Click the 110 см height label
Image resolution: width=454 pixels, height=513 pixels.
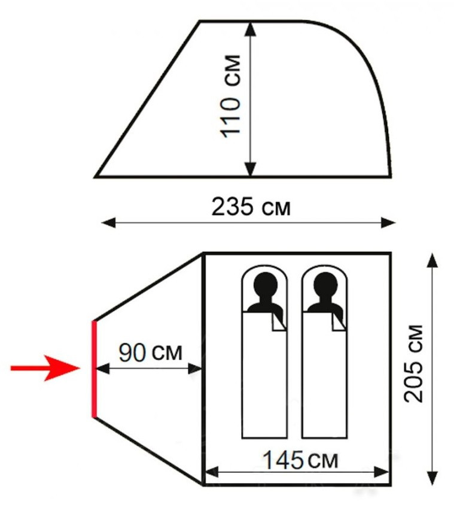tap(231, 96)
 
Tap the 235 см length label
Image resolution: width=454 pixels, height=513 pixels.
tap(251, 207)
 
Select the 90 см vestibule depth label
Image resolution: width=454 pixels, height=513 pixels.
tap(150, 352)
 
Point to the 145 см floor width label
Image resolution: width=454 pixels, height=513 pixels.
tap(300, 460)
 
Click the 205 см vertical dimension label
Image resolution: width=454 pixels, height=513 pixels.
tap(413, 364)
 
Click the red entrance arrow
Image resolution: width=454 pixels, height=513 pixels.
tap(45, 368)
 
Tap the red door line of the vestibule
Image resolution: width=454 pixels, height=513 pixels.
tap(95, 369)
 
